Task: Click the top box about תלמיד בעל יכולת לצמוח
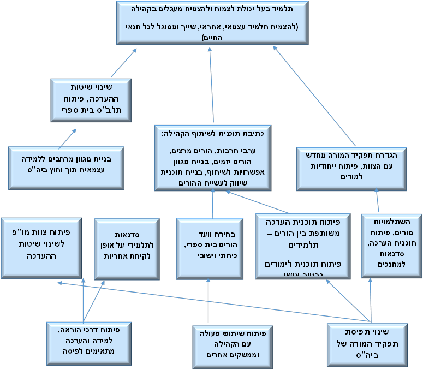tap(212, 22)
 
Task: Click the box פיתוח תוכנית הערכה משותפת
tap(303, 246)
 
